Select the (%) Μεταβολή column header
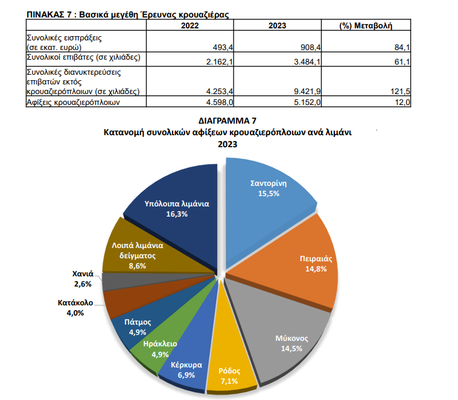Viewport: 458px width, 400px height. [x=366, y=26]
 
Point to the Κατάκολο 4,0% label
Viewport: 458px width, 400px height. [x=75, y=306]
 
